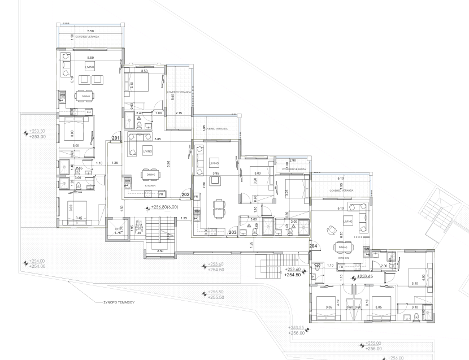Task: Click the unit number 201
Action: click(115, 138)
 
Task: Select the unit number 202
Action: click(185, 194)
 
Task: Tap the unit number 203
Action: click(232, 232)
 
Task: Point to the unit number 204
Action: click(313, 246)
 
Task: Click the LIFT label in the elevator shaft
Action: click(118, 229)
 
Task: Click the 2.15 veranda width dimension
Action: click(179, 114)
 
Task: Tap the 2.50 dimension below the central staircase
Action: click(160, 250)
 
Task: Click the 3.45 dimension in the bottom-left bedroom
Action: click(79, 218)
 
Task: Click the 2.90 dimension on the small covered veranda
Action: click(292, 161)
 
